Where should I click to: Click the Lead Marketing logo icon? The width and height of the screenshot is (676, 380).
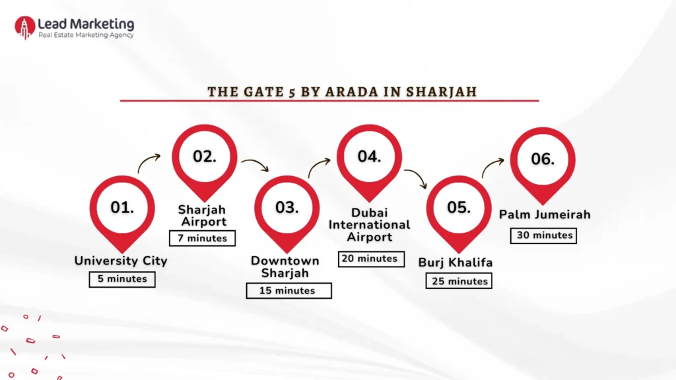pyautogui.click(x=24, y=28)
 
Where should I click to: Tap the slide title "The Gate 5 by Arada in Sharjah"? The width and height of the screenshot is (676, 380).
pyautogui.click(x=342, y=92)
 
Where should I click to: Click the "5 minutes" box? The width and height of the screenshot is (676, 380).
pyautogui.click(x=122, y=279)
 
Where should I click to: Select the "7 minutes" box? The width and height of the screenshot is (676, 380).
pyautogui.click(x=202, y=238)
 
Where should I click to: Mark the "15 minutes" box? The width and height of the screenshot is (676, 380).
pyautogui.click(x=289, y=291)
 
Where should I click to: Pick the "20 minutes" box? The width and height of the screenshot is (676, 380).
pyautogui.click(x=371, y=259)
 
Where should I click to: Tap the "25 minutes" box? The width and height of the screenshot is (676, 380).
pyautogui.click(x=459, y=281)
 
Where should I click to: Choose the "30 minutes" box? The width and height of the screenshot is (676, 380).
pyautogui.click(x=544, y=236)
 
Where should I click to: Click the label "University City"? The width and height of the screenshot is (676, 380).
pyautogui.click(x=121, y=261)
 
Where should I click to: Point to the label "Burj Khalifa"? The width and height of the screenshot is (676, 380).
pyautogui.click(x=456, y=263)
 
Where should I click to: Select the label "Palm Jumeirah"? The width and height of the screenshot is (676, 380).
pyautogui.click(x=545, y=214)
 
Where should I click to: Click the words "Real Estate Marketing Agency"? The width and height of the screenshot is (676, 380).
pyautogui.click(x=86, y=35)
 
